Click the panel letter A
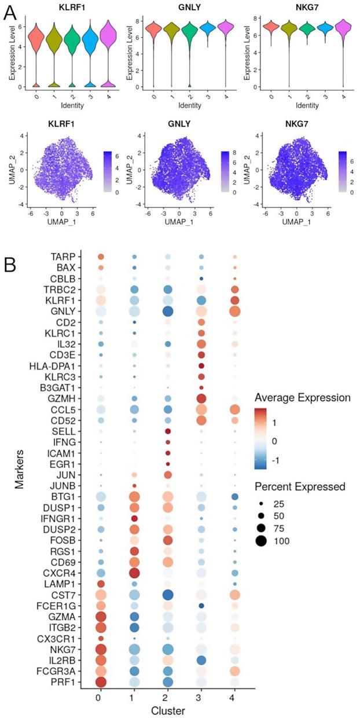pos(9,13)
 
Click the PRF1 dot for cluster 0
pos(101,682)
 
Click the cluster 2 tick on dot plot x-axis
pos(167,695)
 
